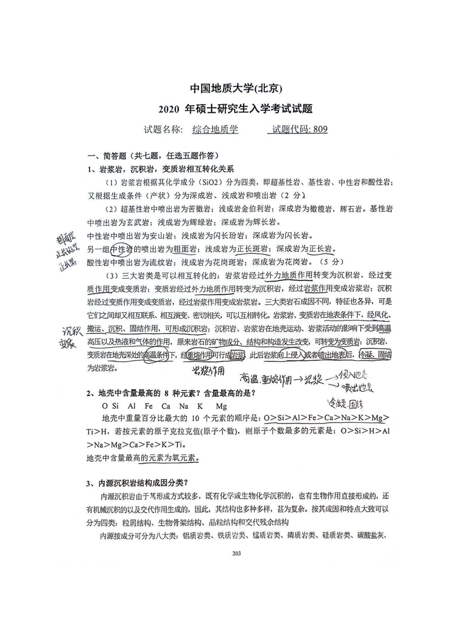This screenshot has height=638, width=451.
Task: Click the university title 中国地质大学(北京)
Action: (236, 89)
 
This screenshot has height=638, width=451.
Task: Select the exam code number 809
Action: (320, 129)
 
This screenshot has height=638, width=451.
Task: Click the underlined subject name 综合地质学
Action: (215, 129)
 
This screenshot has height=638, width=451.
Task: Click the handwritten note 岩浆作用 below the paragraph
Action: (208, 371)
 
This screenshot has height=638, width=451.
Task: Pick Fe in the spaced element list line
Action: (149, 406)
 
